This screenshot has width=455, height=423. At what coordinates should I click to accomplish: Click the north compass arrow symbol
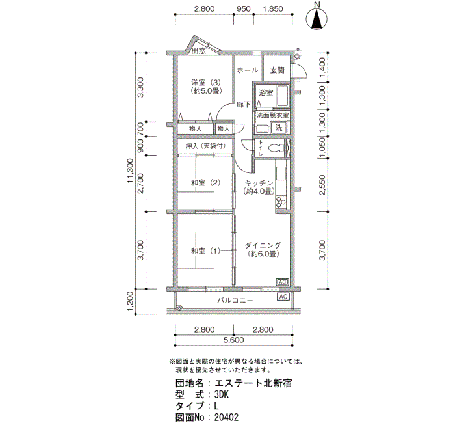click(317, 19)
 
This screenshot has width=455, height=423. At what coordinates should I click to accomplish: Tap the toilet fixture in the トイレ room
click(276, 148)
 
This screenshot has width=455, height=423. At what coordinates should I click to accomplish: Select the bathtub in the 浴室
click(281, 96)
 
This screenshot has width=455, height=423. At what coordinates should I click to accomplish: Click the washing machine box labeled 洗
click(279, 128)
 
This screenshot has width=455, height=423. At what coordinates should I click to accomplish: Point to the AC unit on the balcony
click(283, 297)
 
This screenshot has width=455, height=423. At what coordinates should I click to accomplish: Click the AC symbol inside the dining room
click(282, 282)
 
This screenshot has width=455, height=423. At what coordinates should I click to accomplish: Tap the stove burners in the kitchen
click(281, 202)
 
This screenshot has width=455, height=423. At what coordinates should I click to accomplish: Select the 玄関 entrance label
click(277, 70)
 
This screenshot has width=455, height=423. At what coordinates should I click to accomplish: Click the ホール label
click(248, 70)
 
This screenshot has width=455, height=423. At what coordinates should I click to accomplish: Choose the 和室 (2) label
click(205, 183)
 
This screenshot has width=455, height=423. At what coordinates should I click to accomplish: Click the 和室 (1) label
click(205, 251)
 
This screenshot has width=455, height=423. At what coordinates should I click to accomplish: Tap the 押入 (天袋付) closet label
click(205, 146)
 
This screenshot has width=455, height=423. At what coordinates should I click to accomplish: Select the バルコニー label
click(235, 301)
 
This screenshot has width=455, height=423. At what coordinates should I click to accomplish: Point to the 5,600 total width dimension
click(234, 340)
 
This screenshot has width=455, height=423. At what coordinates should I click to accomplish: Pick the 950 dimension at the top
click(244, 8)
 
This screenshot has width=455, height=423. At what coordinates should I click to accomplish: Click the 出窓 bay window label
click(199, 51)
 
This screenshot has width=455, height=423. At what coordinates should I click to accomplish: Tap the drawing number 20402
click(226, 418)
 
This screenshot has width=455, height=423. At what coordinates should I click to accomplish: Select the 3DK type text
click(222, 394)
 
